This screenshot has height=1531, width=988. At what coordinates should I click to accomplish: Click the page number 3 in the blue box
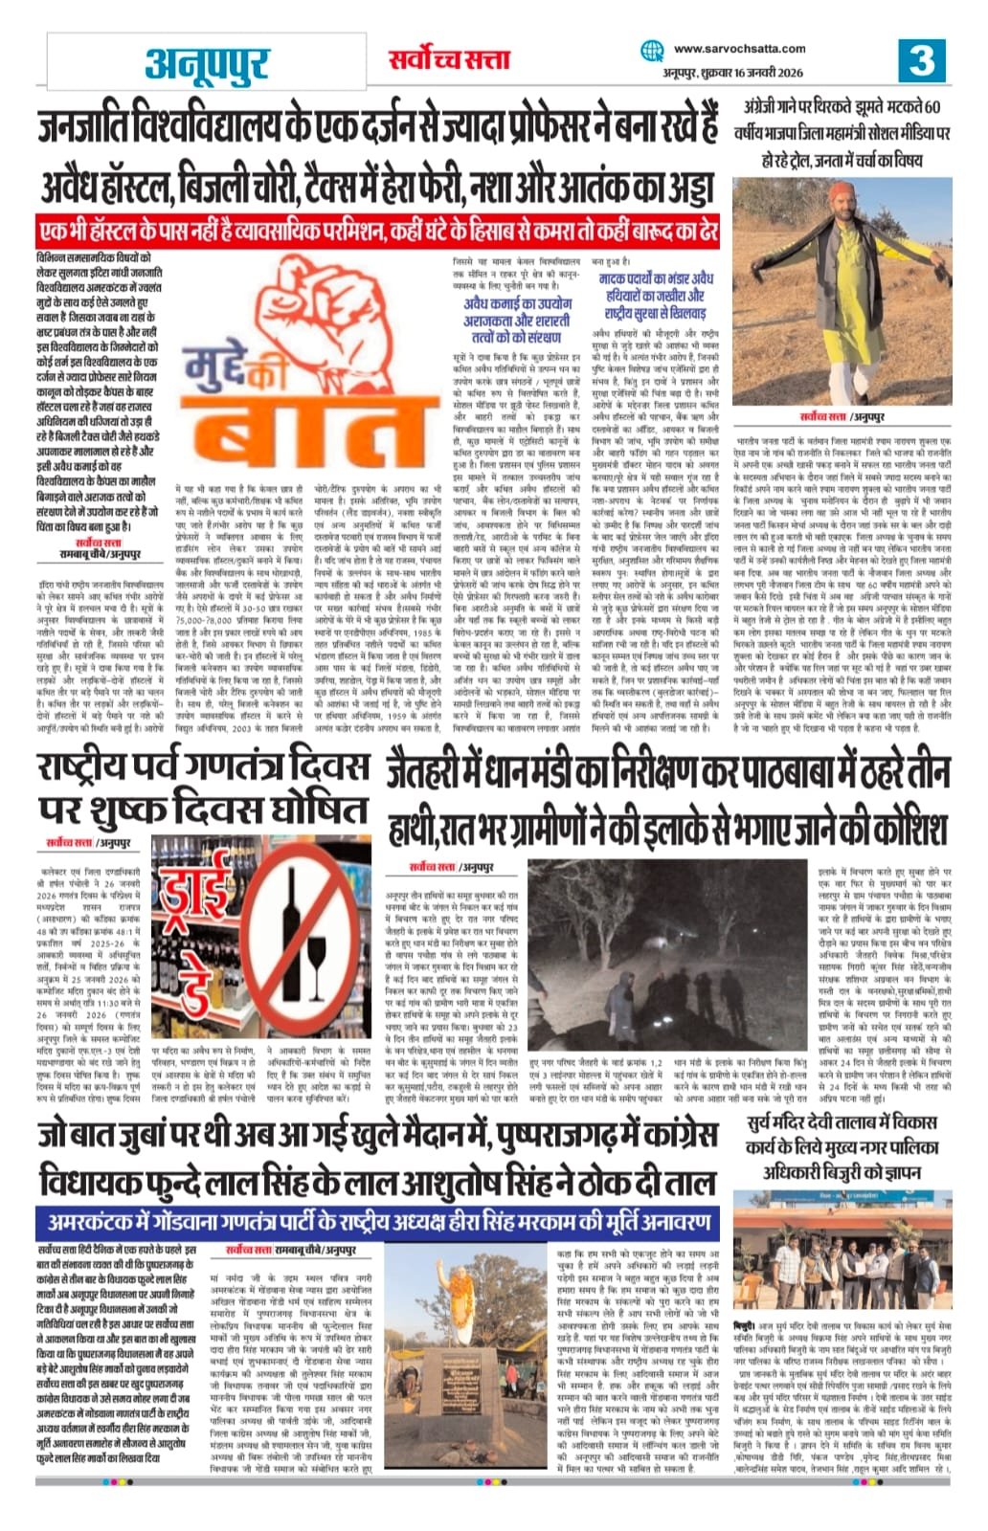click(921, 60)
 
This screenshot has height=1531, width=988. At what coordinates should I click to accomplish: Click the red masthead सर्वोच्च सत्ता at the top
click(448, 59)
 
